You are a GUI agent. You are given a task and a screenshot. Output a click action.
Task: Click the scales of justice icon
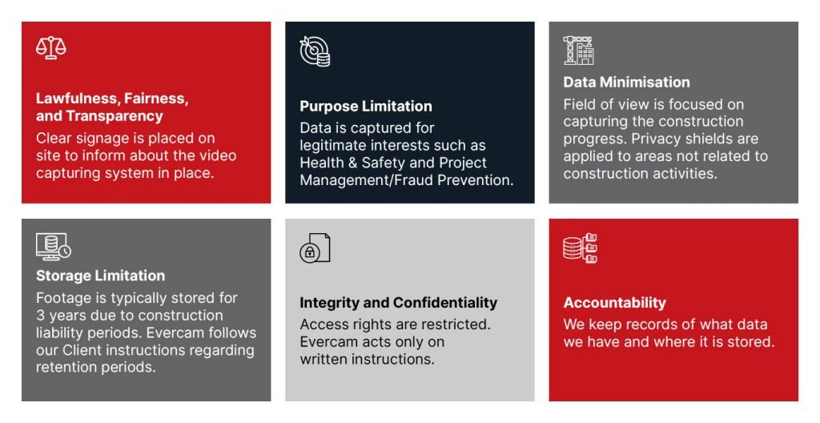(50, 47)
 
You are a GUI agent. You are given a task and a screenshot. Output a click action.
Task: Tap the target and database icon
(315, 51)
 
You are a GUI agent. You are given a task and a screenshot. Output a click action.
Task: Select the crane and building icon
(578, 50)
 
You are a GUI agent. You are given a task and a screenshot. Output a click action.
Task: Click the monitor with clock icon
(54, 247)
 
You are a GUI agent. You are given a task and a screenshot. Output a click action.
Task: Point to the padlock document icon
(315, 248)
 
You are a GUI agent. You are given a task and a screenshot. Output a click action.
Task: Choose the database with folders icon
(580, 248)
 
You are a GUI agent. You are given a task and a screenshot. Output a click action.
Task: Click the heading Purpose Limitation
(366, 107)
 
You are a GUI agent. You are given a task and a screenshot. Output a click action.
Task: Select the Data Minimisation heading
(626, 83)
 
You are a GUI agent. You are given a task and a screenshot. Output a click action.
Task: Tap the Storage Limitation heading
(100, 276)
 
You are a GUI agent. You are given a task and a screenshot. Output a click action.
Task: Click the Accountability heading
(614, 303)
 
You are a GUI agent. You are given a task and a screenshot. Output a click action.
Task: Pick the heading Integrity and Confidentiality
(399, 303)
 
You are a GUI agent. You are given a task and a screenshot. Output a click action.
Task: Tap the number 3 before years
(40, 316)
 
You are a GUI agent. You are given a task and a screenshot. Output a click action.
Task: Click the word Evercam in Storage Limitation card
(175, 333)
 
